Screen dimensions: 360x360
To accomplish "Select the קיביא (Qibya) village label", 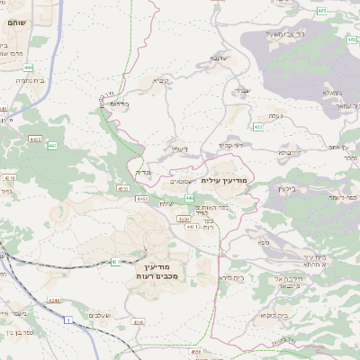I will pyautogui.click(x=159, y=80).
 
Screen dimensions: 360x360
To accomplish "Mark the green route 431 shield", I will pyautogui.click(x=116, y=261).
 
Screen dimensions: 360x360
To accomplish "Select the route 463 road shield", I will pyautogui.click(x=259, y=126).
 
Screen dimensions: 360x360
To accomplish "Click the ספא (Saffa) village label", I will pyautogui.click(x=262, y=241).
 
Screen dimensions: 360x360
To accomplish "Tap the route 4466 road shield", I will pyautogui.click(x=142, y=198).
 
